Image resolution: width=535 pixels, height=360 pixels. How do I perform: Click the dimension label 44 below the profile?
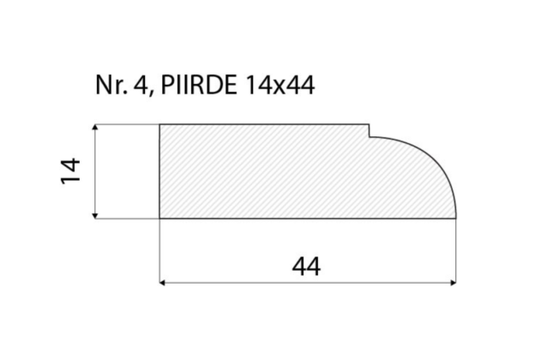[x=306, y=267]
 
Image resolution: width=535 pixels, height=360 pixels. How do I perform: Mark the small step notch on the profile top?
[x=369, y=130]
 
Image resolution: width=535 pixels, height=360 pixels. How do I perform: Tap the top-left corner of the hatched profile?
[x=160, y=125]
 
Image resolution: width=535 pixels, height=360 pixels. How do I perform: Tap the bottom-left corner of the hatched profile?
[x=160, y=219]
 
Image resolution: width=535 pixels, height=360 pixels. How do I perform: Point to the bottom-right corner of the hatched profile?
[x=455, y=219]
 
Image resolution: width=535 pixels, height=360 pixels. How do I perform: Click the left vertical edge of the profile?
[x=160, y=171]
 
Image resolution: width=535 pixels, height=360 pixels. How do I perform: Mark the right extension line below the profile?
[x=455, y=253]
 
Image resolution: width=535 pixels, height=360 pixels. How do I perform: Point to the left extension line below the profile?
[x=160, y=253]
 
